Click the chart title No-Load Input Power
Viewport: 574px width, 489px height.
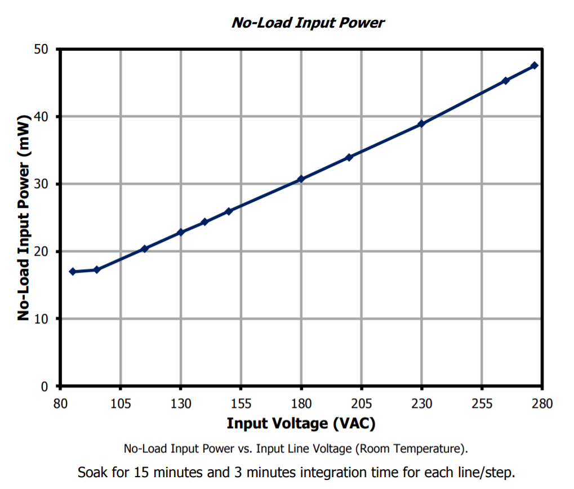click(308, 23)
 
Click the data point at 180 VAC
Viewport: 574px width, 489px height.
click(301, 179)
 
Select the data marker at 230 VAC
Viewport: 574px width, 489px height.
click(421, 124)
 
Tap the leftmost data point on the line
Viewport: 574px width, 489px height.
click(72, 272)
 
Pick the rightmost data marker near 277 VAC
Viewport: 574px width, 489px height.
click(535, 66)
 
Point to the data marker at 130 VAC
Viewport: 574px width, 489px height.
click(181, 232)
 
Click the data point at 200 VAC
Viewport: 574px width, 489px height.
click(349, 157)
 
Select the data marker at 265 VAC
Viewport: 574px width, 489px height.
click(505, 81)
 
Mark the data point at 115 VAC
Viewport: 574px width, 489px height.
click(145, 248)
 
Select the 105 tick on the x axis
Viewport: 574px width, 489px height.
click(121, 403)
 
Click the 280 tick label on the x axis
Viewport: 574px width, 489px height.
click(542, 403)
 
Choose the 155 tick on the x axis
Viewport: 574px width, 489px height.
click(241, 403)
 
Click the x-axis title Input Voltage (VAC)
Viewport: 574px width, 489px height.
click(301, 423)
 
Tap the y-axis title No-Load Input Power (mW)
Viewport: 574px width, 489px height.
click(23, 219)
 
